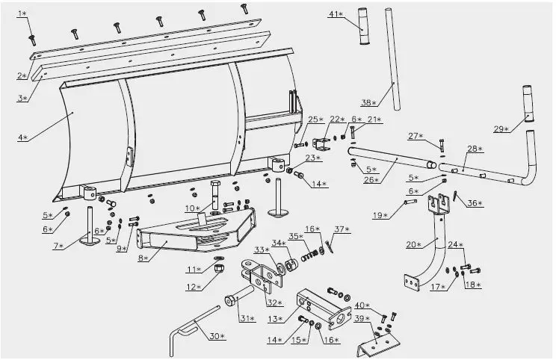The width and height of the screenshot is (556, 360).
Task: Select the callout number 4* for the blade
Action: tap(23, 137)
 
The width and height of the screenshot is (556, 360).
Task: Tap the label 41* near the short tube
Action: tap(336, 14)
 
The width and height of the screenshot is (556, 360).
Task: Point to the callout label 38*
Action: tap(368, 102)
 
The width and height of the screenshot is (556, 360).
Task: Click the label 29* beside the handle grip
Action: tap(501, 128)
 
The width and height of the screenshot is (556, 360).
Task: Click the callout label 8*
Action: tap(145, 258)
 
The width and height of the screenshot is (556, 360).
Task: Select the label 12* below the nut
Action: tap(194, 287)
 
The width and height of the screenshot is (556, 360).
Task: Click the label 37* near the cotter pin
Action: tap(342, 229)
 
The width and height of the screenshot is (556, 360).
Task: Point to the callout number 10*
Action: tap(192, 208)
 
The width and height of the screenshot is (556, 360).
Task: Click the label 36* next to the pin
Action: tap(475, 202)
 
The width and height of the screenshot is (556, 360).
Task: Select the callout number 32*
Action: tap(275, 302)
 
